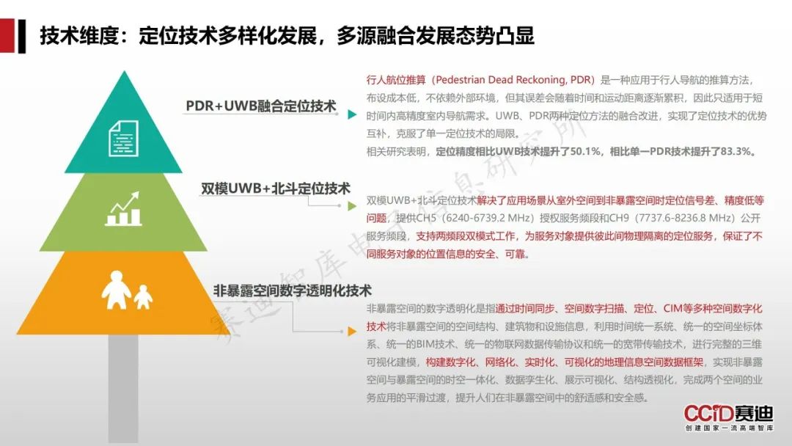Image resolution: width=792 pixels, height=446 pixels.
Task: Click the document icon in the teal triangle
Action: click(x=123, y=139)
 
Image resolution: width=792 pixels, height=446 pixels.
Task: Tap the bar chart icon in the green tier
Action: click(x=123, y=208)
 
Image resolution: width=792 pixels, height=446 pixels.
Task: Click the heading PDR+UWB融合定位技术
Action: click(x=260, y=106)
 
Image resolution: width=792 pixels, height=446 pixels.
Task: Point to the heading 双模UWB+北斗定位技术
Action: click(x=275, y=189)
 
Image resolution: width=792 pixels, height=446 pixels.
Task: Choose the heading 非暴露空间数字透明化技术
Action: click(x=292, y=290)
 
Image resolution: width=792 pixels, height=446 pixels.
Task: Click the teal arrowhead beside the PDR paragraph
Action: click(x=352, y=114)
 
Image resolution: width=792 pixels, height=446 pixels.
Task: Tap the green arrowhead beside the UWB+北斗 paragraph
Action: click(x=352, y=205)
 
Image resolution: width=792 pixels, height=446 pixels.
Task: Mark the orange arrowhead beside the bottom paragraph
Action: click(x=352, y=332)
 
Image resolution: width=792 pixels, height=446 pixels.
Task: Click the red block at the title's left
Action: click(x=7, y=35)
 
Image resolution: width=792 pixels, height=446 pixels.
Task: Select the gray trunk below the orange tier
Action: click(x=123, y=388)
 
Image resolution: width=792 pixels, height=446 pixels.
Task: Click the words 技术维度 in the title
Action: click(x=78, y=35)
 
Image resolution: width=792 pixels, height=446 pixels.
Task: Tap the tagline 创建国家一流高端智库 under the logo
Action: click(x=729, y=428)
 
